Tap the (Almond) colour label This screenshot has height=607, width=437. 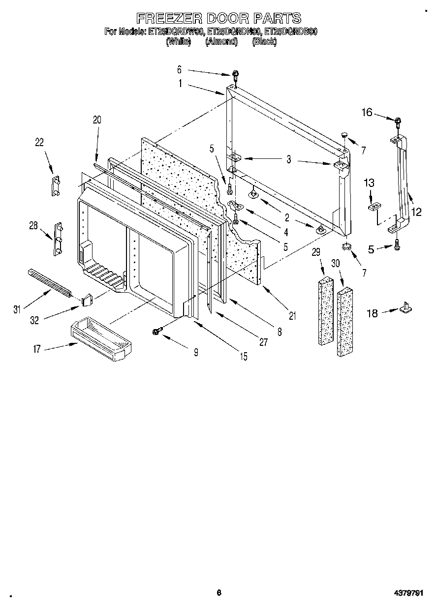pos(221,42)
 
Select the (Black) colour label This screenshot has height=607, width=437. pos(264,42)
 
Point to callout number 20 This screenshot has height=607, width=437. pos(97,119)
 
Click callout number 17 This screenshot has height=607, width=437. pos(36,349)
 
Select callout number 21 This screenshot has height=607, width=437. pos(292,316)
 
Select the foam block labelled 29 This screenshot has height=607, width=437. pos(325,312)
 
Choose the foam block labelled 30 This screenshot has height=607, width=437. pos(345,322)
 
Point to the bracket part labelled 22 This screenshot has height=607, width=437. pos(55,185)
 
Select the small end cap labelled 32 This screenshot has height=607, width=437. pos(87,299)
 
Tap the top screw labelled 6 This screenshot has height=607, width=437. pos(237,75)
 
